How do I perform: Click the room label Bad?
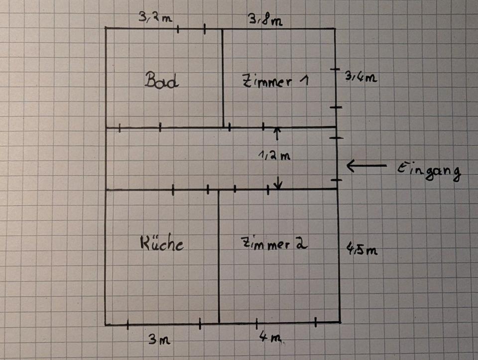click(161, 80)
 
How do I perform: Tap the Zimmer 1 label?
click(275, 81)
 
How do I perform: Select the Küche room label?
click(161, 244)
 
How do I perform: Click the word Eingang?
click(429, 171)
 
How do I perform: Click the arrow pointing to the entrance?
click(366, 165)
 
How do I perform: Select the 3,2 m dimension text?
click(155, 19)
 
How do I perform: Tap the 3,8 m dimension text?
click(265, 20)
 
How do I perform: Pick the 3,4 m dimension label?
click(361, 77)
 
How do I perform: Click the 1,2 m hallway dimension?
click(274, 156)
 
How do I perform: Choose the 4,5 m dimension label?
click(361, 249)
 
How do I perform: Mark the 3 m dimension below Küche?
click(160, 340)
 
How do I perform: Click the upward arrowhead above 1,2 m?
click(277, 130)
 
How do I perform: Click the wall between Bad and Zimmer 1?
click(223, 77)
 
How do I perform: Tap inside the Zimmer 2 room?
click(279, 284)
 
